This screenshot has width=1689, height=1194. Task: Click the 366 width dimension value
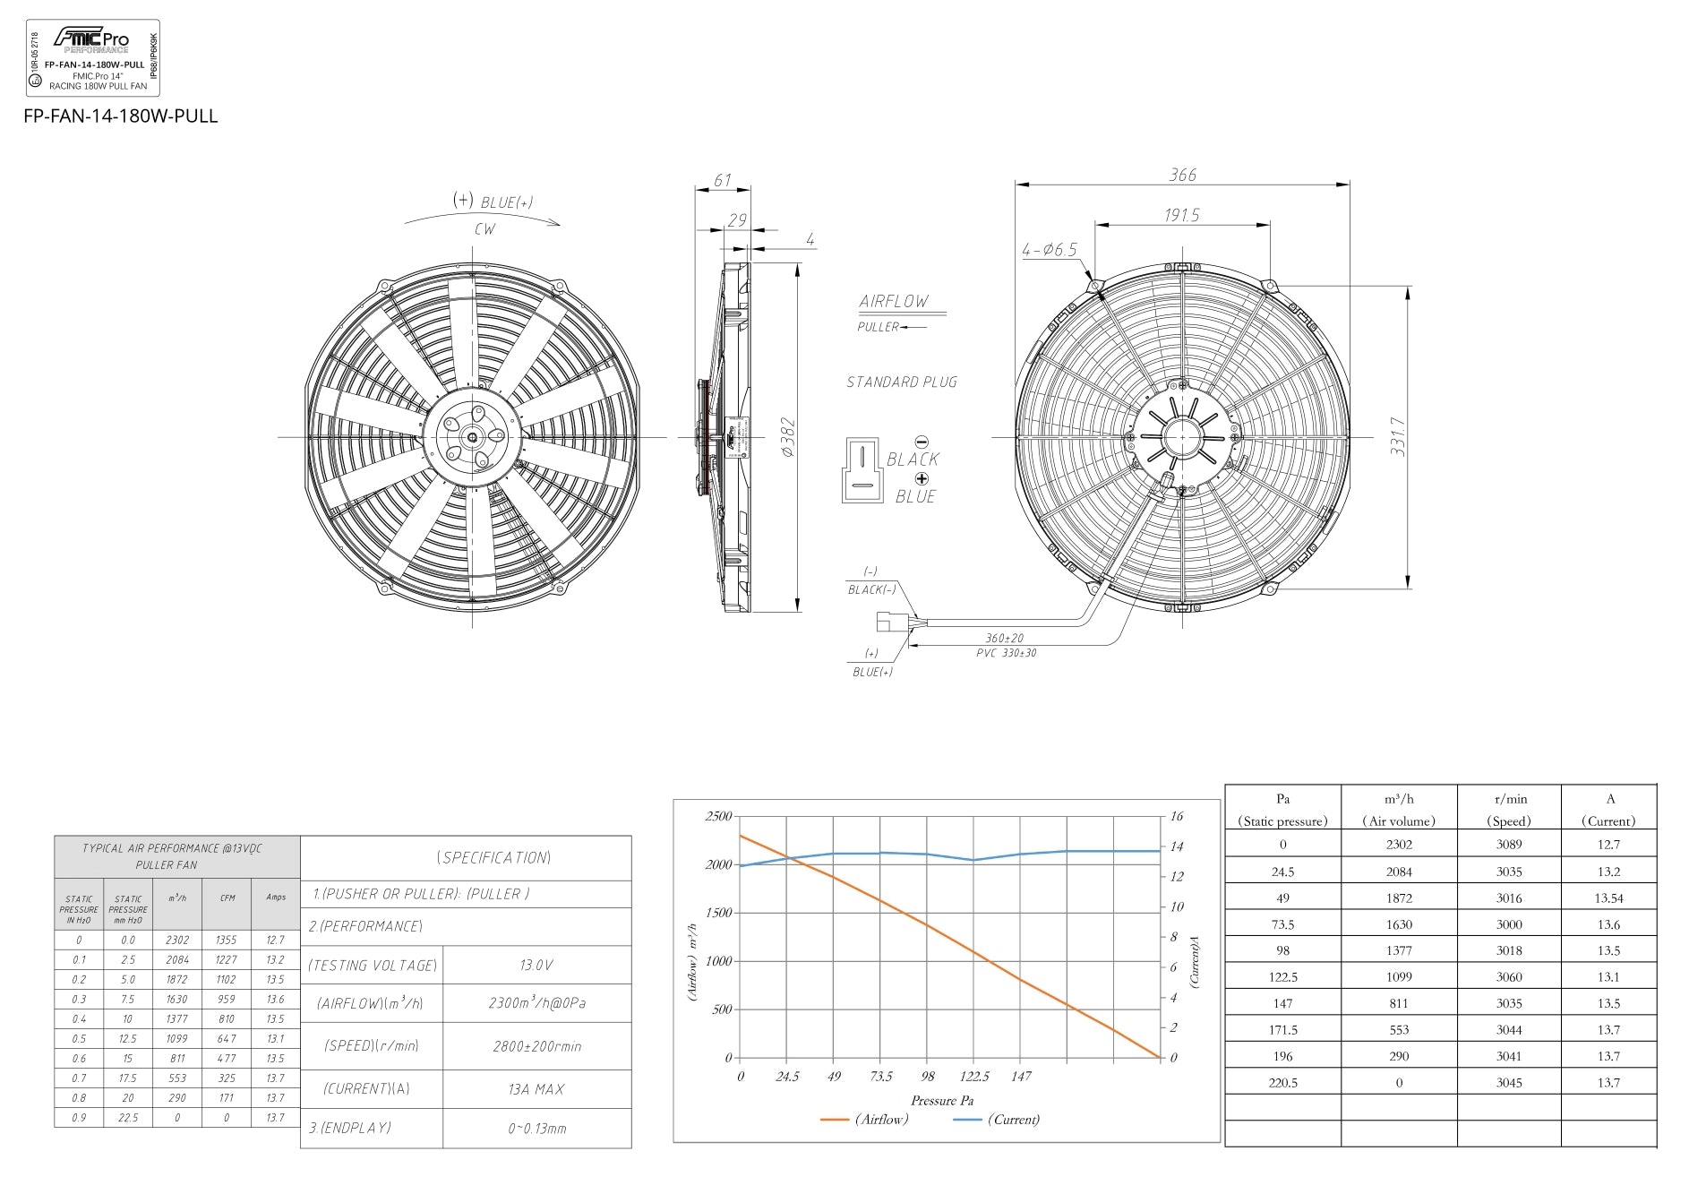(x=1182, y=175)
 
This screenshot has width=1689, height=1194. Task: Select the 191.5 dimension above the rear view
(x=1181, y=215)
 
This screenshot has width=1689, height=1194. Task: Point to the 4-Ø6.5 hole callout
(x=1050, y=250)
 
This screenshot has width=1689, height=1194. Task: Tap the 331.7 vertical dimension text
(x=1397, y=436)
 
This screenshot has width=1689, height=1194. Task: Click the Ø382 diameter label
(x=787, y=436)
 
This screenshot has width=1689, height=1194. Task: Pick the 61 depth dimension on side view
(x=722, y=180)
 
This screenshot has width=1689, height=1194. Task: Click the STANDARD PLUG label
(x=902, y=382)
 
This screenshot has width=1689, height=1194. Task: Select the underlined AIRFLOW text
(x=894, y=302)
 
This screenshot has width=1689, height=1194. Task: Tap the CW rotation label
(x=484, y=229)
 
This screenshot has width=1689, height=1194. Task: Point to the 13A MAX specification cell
(x=536, y=1089)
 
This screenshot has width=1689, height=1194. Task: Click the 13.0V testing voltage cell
(x=536, y=965)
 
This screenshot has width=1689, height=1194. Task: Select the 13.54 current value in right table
(x=1608, y=898)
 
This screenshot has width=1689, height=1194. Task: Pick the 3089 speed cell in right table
(x=1508, y=844)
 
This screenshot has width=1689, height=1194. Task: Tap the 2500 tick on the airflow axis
(x=718, y=816)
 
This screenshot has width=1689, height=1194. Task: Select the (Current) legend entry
(x=1013, y=1120)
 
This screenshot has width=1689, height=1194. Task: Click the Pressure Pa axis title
(x=941, y=1100)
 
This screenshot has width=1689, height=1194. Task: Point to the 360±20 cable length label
(x=1004, y=639)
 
